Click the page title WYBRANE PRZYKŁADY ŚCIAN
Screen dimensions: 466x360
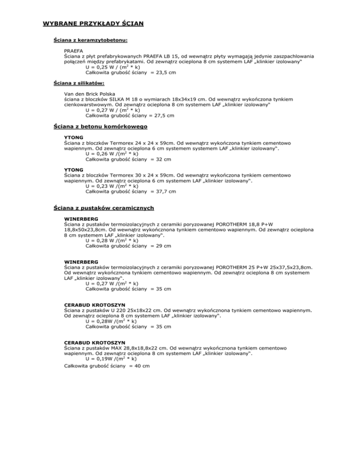93,23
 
